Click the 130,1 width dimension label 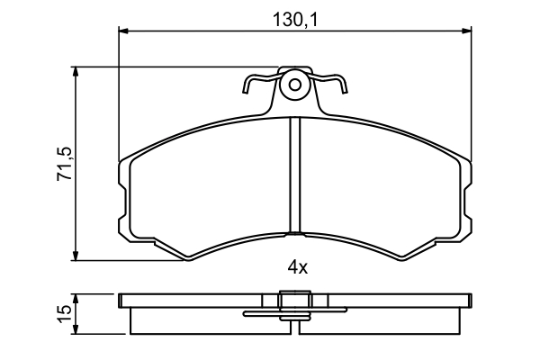coord(295,20)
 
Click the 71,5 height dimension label coord(65,164)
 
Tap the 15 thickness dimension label coord(65,314)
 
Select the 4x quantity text coord(298,267)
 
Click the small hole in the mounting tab coord(295,85)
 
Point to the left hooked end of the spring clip coord(245,90)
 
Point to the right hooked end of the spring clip coord(345,89)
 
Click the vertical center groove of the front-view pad coord(295,175)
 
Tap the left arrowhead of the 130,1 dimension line coord(123,31)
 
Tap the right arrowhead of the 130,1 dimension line coord(466,31)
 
